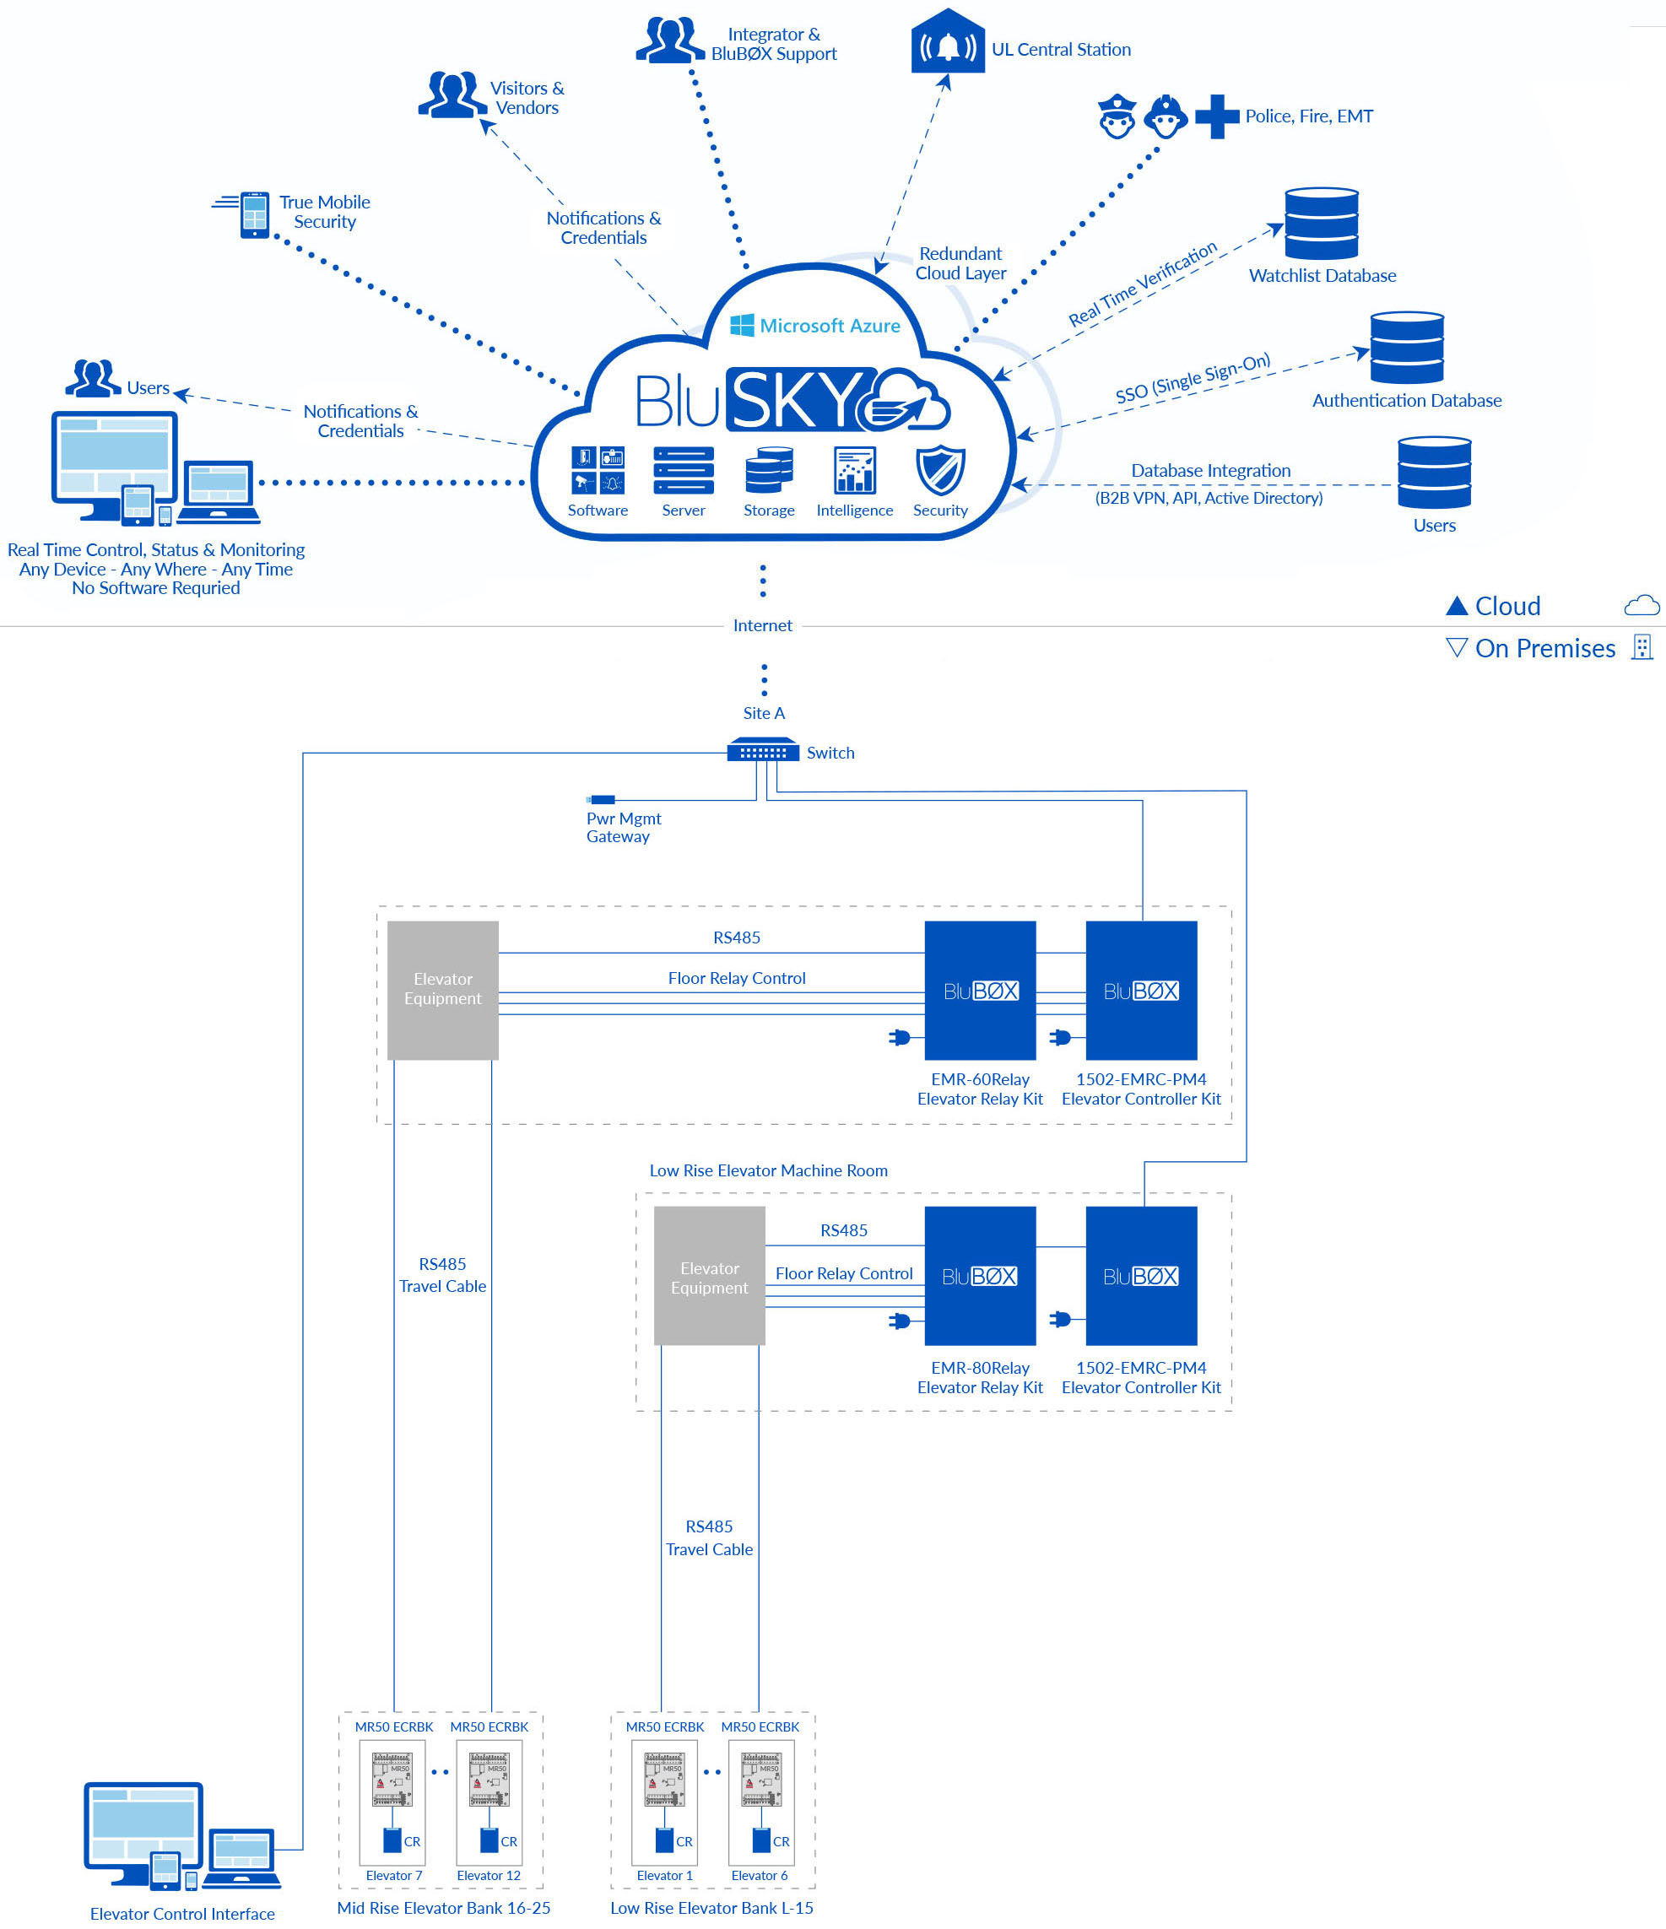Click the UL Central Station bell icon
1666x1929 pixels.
[x=947, y=45]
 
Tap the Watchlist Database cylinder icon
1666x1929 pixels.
[x=1321, y=224]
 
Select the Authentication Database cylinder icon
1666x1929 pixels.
[x=1406, y=348]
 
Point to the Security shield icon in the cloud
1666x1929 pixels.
[x=939, y=470]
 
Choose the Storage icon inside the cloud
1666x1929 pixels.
[x=768, y=470]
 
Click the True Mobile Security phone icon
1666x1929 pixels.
[x=253, y=214]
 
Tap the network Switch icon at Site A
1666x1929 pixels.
[x=763, y=750]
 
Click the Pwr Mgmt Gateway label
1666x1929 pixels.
[x=622, y=827]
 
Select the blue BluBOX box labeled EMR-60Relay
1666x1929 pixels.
[x=980, y=990]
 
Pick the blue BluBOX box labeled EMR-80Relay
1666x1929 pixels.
[x=980, y=1275]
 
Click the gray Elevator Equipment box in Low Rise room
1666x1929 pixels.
[x=709, y=1275]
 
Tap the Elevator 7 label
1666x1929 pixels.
[x=394, y=1875]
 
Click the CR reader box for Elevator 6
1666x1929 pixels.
[x=760, y=1840]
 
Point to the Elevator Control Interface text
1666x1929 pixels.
[x=182, y=1913]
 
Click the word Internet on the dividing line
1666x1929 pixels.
[x=762, y=625]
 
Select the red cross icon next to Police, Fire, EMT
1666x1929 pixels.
[x=1216, y=116]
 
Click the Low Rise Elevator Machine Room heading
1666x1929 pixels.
[x=768, y=1170]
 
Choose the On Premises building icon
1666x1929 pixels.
[x=1642, y=647]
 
